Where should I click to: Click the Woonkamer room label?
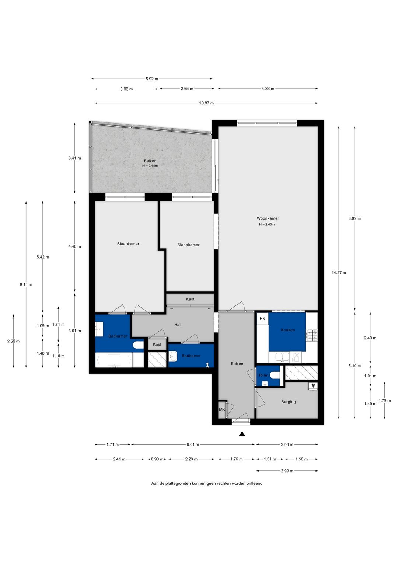[268, 218]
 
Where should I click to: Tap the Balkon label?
[150, 161]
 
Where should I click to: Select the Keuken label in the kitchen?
[288, 330]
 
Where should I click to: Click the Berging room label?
[288, 402]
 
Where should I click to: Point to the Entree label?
[237, 363]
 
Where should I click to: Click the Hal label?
[177, 325]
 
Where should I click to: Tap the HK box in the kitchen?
[262, 319]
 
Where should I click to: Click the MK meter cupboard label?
[222, 410]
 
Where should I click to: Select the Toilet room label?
[263, 376]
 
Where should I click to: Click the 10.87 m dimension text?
[206, 103]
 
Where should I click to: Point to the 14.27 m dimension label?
[339, 272]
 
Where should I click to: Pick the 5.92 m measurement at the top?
[152, 79]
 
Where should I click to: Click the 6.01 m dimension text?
[193, 445]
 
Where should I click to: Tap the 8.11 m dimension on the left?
[26, 285]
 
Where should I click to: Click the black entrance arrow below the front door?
[242, 434]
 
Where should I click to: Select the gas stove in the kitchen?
[312, 335]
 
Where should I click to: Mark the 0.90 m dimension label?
[157, 459]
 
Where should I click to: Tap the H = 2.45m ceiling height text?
[267, 224]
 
